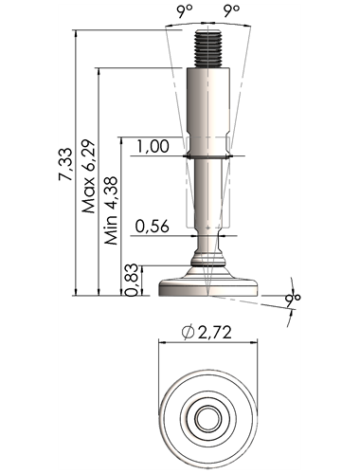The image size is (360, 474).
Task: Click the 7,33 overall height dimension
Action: tap(65, 164)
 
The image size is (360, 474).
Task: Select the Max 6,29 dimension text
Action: tap(88, 176)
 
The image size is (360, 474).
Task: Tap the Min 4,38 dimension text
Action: tap(112, 210)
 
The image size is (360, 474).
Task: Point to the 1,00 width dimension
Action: tap(153, 147)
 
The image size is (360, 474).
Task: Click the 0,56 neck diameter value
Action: tap(153, 227)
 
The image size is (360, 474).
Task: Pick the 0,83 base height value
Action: tap(132, 280)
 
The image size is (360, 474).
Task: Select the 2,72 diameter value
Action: tap(215, 333)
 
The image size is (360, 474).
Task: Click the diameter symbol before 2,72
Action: tap(188, 333)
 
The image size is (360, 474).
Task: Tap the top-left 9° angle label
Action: tap(185, 11)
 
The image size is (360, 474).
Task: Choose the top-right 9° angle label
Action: tap(231, 11)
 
